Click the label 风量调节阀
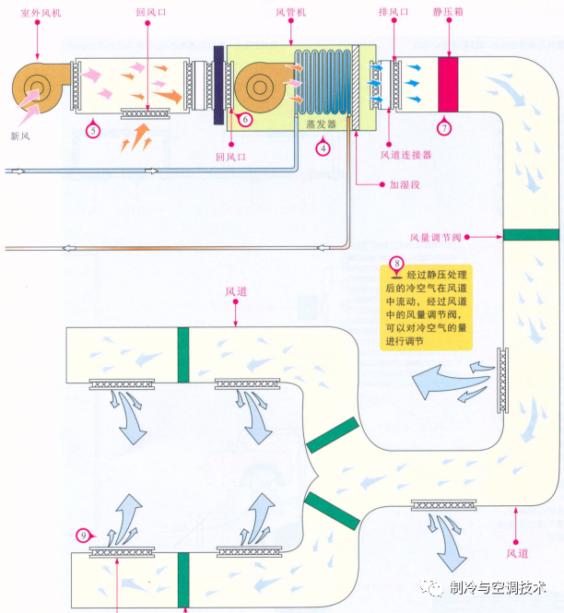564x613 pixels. [432, 236]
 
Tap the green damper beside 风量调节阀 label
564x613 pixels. [531, 234]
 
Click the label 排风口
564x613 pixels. [394, 12]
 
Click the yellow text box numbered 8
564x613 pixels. [424, 307]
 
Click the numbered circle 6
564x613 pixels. [245, 119]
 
